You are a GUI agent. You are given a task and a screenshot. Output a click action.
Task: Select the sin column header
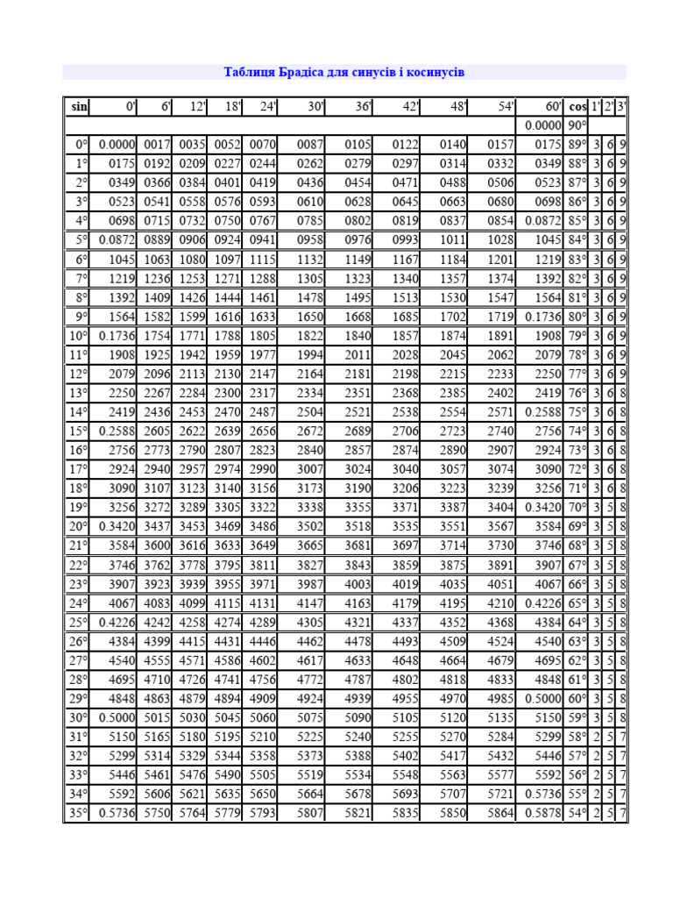click(79, 106)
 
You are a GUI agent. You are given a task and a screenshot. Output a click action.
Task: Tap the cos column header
click(577, 106)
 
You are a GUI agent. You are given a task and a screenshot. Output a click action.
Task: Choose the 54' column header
click(505, 106)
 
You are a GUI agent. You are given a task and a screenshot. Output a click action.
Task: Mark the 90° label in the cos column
click(577, 125)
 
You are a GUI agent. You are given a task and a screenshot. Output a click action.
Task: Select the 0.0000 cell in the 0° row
click(116, 144)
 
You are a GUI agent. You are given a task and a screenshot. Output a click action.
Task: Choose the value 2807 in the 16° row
click(227, 449)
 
